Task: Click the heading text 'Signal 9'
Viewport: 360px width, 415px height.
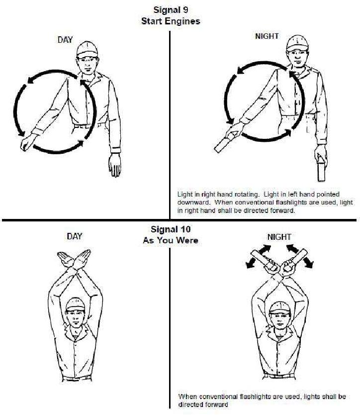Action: (171, 10)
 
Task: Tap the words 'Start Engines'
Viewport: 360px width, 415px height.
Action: (171, 21)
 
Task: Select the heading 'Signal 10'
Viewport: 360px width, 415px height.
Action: (171, 229)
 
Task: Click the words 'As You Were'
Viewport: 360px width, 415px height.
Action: (171, 240)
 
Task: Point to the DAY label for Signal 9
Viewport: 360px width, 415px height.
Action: (65, 40)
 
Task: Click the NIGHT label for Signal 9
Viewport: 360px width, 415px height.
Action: (267, 36)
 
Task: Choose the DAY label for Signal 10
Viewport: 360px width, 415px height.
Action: (75, 236)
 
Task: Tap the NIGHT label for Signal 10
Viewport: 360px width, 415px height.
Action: (279, 237)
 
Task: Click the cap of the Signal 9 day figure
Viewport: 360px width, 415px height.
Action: (88, 49)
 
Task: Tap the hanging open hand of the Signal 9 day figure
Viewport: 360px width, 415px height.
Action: (115, 165)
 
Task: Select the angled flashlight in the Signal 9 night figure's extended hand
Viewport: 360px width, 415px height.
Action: (225, 143)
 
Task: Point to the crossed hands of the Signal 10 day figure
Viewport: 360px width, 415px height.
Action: (74, 259)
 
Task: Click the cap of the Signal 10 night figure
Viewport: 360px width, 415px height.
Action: (280, 308)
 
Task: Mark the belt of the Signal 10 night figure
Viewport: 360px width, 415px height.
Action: (279, 376)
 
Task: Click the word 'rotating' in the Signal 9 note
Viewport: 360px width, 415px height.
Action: (246, 195)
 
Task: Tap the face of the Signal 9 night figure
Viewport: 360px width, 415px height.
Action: (297, 58)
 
